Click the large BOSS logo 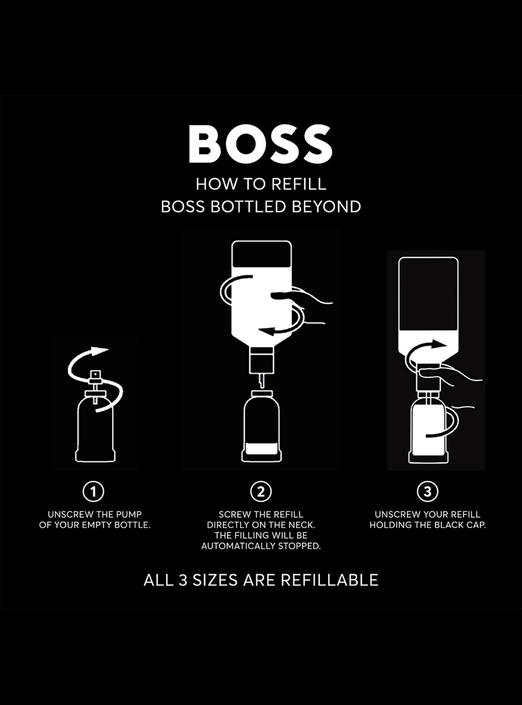click(x=260, y=144)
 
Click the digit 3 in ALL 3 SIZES click(x=183, y=580)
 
